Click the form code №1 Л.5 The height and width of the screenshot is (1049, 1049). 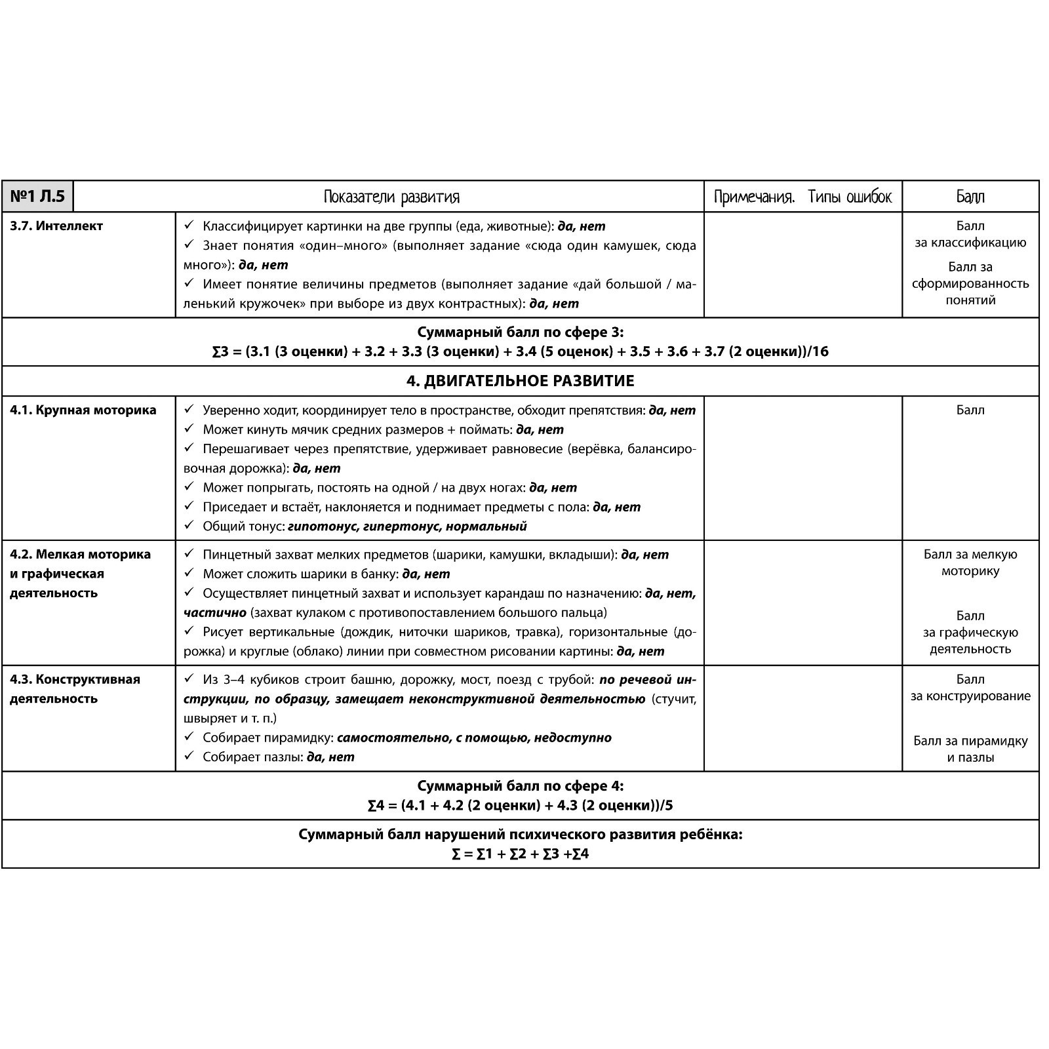tap(38, 196)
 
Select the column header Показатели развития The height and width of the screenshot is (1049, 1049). tap(391, 197)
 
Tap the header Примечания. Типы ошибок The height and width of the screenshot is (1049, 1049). tap(802, 197)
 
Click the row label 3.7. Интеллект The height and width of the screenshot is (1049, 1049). tap(56, 226)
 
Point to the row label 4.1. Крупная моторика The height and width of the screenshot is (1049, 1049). tap(83, 410)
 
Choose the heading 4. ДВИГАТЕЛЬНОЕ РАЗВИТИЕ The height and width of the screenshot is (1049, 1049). tap(520, 381)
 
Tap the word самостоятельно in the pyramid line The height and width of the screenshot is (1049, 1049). tap(392, 738)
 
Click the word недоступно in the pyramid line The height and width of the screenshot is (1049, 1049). tap(572, 738)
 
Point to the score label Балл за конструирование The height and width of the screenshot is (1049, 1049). tap(970, 688)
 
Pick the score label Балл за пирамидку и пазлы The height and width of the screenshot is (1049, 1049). tap(970, 749)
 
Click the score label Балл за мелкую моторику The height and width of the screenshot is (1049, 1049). tap(970, 563)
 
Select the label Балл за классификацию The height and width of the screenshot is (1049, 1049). tap(970, 235)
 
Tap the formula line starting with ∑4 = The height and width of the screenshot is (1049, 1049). tap(520, 805)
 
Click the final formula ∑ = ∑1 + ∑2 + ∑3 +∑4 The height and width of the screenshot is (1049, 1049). tap(520, 854)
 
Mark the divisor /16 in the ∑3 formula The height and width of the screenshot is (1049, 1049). tap(818, 351)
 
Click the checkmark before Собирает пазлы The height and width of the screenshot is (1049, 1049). tap(189, 756)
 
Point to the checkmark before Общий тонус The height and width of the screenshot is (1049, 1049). tap(189, 525)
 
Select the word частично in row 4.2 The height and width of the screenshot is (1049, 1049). tap(214, 613)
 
